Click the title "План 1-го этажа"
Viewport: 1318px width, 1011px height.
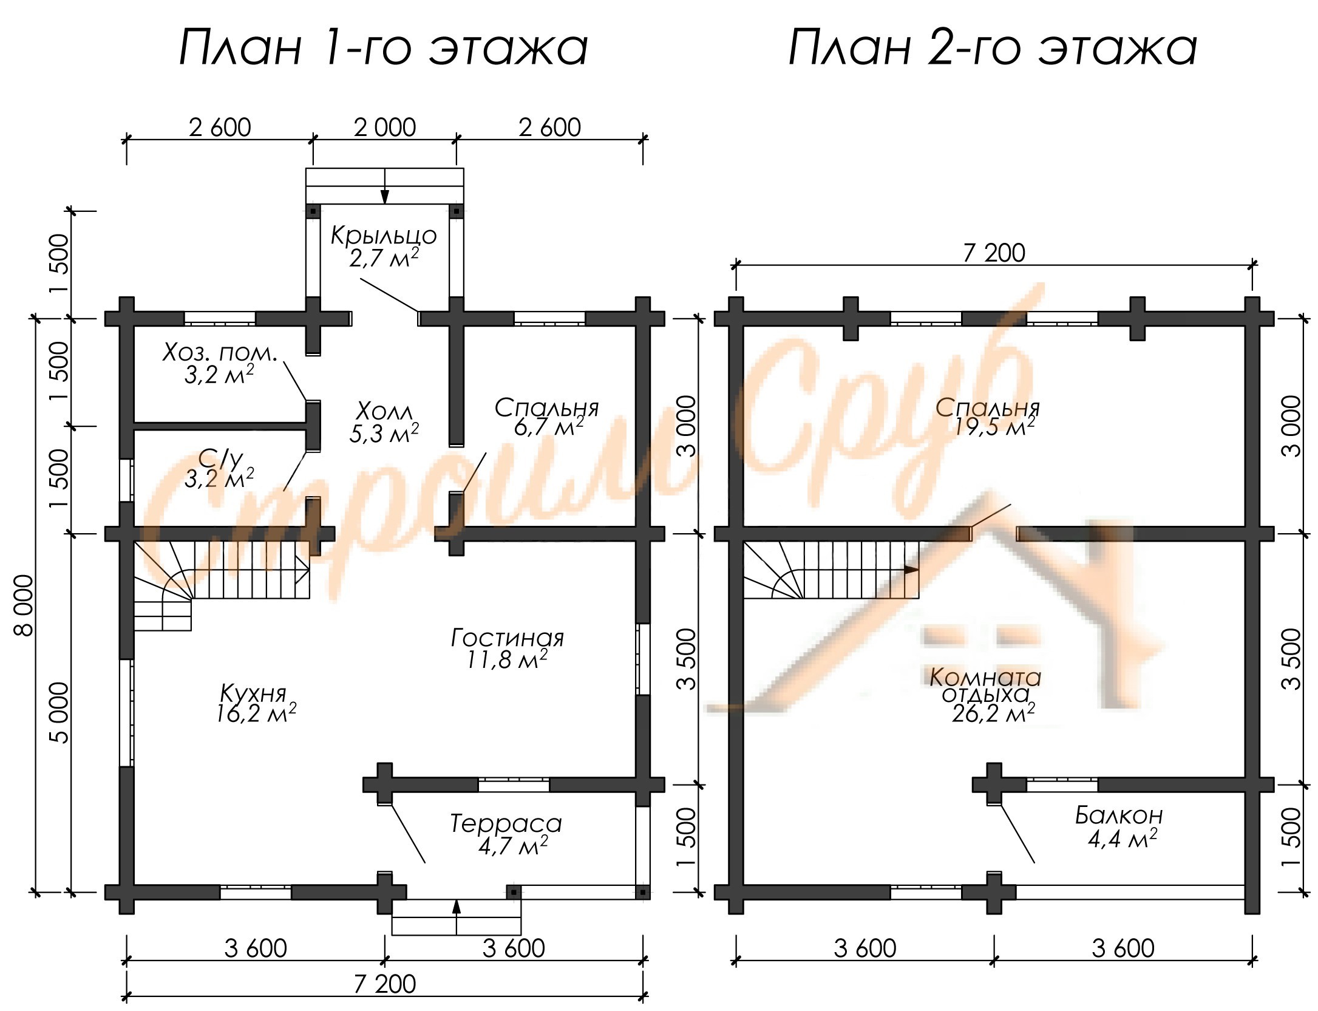coord(384,47)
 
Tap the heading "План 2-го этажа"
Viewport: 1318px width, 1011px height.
coord(993,47)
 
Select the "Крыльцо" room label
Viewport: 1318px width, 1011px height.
coord(384,236)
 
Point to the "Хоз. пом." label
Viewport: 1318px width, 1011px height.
coord(220,353)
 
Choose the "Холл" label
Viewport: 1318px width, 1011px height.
coord(384,411)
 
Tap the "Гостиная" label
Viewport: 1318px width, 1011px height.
coord(508,638)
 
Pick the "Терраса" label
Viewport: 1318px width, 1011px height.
coord(506,824)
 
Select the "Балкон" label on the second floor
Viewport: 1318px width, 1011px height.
coord(1119,815)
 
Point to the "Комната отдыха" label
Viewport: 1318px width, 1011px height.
coord(985,686)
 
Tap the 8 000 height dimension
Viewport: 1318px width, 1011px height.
coord(24,605)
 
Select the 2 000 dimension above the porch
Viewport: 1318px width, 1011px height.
coord(385,128)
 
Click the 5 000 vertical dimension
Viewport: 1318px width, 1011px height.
coord(59,713)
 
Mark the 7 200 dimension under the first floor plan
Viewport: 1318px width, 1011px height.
coord(385,984)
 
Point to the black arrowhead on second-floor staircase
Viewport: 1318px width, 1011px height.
coord(911,570)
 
